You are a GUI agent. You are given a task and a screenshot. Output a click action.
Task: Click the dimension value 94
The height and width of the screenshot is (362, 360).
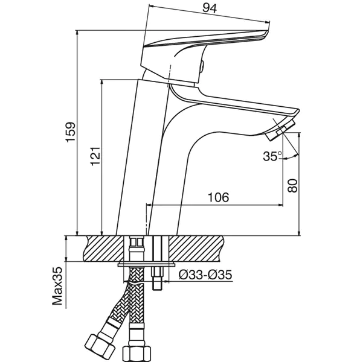click(210, 8)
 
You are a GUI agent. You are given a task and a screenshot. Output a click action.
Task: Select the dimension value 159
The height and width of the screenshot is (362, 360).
click(71, 132)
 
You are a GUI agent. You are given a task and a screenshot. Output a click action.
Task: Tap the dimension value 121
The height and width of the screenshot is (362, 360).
click(95, 156)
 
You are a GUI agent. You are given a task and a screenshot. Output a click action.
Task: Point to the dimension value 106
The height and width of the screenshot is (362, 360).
click(219, 197)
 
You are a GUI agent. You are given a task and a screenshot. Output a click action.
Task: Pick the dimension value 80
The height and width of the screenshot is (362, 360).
click(292, 185)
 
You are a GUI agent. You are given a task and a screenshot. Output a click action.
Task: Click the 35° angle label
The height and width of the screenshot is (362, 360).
click(272, 156)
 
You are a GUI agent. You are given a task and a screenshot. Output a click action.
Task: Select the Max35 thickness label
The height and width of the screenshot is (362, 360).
click(57, 286)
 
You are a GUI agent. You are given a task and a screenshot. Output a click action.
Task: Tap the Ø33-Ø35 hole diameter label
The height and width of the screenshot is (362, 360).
click(205, 275)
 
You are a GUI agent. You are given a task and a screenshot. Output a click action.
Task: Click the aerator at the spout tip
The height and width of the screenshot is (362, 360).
click(280, 130)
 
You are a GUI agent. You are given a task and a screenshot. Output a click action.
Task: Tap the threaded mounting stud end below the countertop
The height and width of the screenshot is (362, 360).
click(157, 284)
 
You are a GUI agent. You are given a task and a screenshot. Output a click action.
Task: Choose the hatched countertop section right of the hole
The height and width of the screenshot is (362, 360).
click(196, 249)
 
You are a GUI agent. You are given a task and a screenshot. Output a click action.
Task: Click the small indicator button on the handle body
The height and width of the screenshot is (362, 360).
click(202, 66)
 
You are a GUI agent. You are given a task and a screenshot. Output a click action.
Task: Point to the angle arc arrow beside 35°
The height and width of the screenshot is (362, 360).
click(291, 157)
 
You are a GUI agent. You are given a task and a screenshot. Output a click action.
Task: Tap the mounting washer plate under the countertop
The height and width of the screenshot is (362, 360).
click(146, 264)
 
